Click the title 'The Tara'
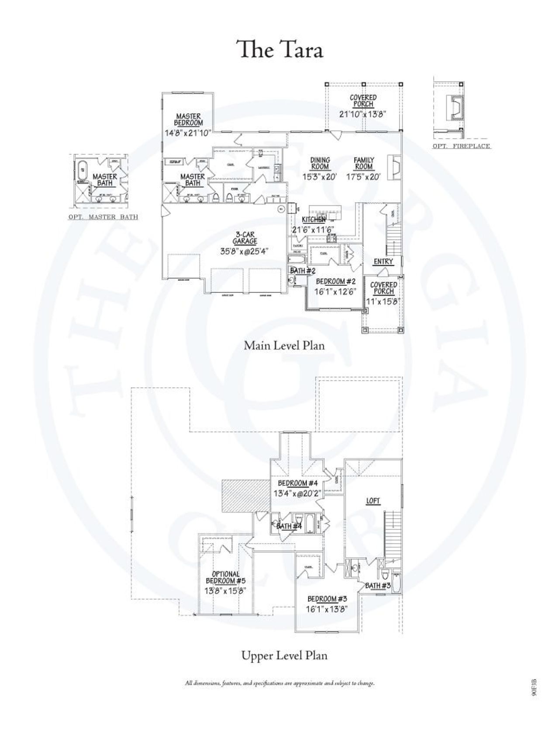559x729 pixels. tap(279, 49)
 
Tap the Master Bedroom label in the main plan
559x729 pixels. tap(188, 120)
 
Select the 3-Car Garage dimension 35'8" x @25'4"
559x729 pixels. tap(244, 251)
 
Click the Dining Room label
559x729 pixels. tap(320, 163)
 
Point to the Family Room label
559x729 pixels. tap(364, 163)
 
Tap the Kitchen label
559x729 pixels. tap(314, 220)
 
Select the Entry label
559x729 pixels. tap(383, 262)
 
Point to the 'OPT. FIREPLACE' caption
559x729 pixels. tap(462, 146)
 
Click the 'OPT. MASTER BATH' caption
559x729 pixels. tap(104, 217)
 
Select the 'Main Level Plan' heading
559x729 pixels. tap(284, 345)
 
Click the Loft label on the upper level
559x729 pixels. tap(373, 501)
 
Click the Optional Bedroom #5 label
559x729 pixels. tap(226, 577)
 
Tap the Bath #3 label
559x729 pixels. tap(378, 586)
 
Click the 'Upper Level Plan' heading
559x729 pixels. tap(284, 655)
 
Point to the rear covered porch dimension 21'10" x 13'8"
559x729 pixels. tap(363, 114)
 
